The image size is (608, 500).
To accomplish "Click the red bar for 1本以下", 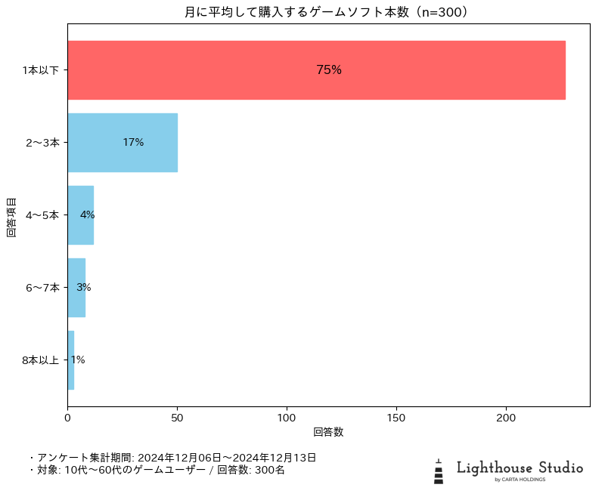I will pos(316,69).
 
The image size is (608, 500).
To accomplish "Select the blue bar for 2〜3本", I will pos(123,142).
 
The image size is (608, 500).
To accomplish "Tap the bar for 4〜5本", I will pos(80,215).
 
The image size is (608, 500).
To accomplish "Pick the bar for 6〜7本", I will pos(76,287).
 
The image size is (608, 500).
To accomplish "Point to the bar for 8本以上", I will pos(71,360).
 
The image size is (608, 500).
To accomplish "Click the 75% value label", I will pos(329,69).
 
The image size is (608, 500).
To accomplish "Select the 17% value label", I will pos(133,142).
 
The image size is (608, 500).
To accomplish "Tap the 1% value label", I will pos(78,360).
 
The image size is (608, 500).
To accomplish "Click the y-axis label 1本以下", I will pos(41,69).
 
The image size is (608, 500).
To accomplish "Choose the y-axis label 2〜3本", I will pos(42,142).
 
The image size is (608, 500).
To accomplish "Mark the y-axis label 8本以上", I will pos(41,360).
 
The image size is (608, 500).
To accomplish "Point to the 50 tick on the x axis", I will pos(177,417).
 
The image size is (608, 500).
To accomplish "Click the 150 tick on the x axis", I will pos(396,417).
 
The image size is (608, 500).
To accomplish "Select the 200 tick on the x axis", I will pos(506,417).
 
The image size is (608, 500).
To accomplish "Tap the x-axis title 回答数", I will pos(328,432).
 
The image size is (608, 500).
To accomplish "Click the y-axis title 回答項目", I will pos(11,218).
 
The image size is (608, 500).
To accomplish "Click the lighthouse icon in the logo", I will pos(439,471).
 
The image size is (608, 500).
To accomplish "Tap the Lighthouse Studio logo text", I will pos(520,468).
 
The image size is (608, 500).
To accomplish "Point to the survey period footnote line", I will pos(172,458).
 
